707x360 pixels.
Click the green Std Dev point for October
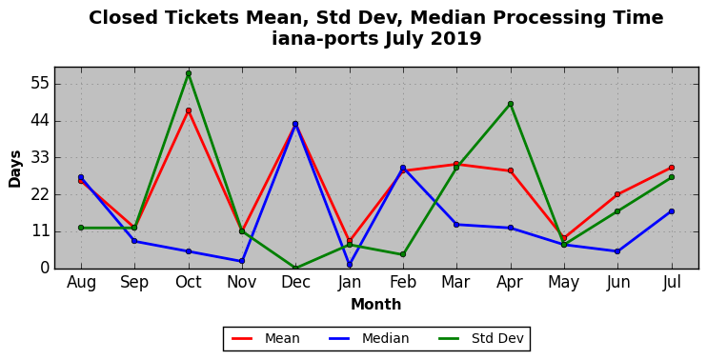point(189,73)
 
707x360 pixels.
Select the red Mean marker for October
point(189,110)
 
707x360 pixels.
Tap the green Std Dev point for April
point(511,104)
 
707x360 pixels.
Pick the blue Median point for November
point(242,261)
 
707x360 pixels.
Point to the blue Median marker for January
point(350,265)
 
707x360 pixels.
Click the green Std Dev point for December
point(295,269)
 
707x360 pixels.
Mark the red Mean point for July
point(672,168)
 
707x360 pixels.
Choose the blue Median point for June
point(617,251)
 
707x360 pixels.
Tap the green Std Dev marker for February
point(403,254)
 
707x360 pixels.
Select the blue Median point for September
point(134,241)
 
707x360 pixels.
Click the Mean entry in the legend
point(266,338)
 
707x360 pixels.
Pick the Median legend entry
point(368,338)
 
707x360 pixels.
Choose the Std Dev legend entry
point(480,338)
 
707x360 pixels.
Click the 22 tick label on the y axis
point(40,194)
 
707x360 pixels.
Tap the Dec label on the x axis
point(295,283)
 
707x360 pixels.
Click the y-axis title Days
point(15,169)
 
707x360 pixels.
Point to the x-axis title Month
point(376,305)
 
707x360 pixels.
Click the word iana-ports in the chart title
point(325,39)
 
